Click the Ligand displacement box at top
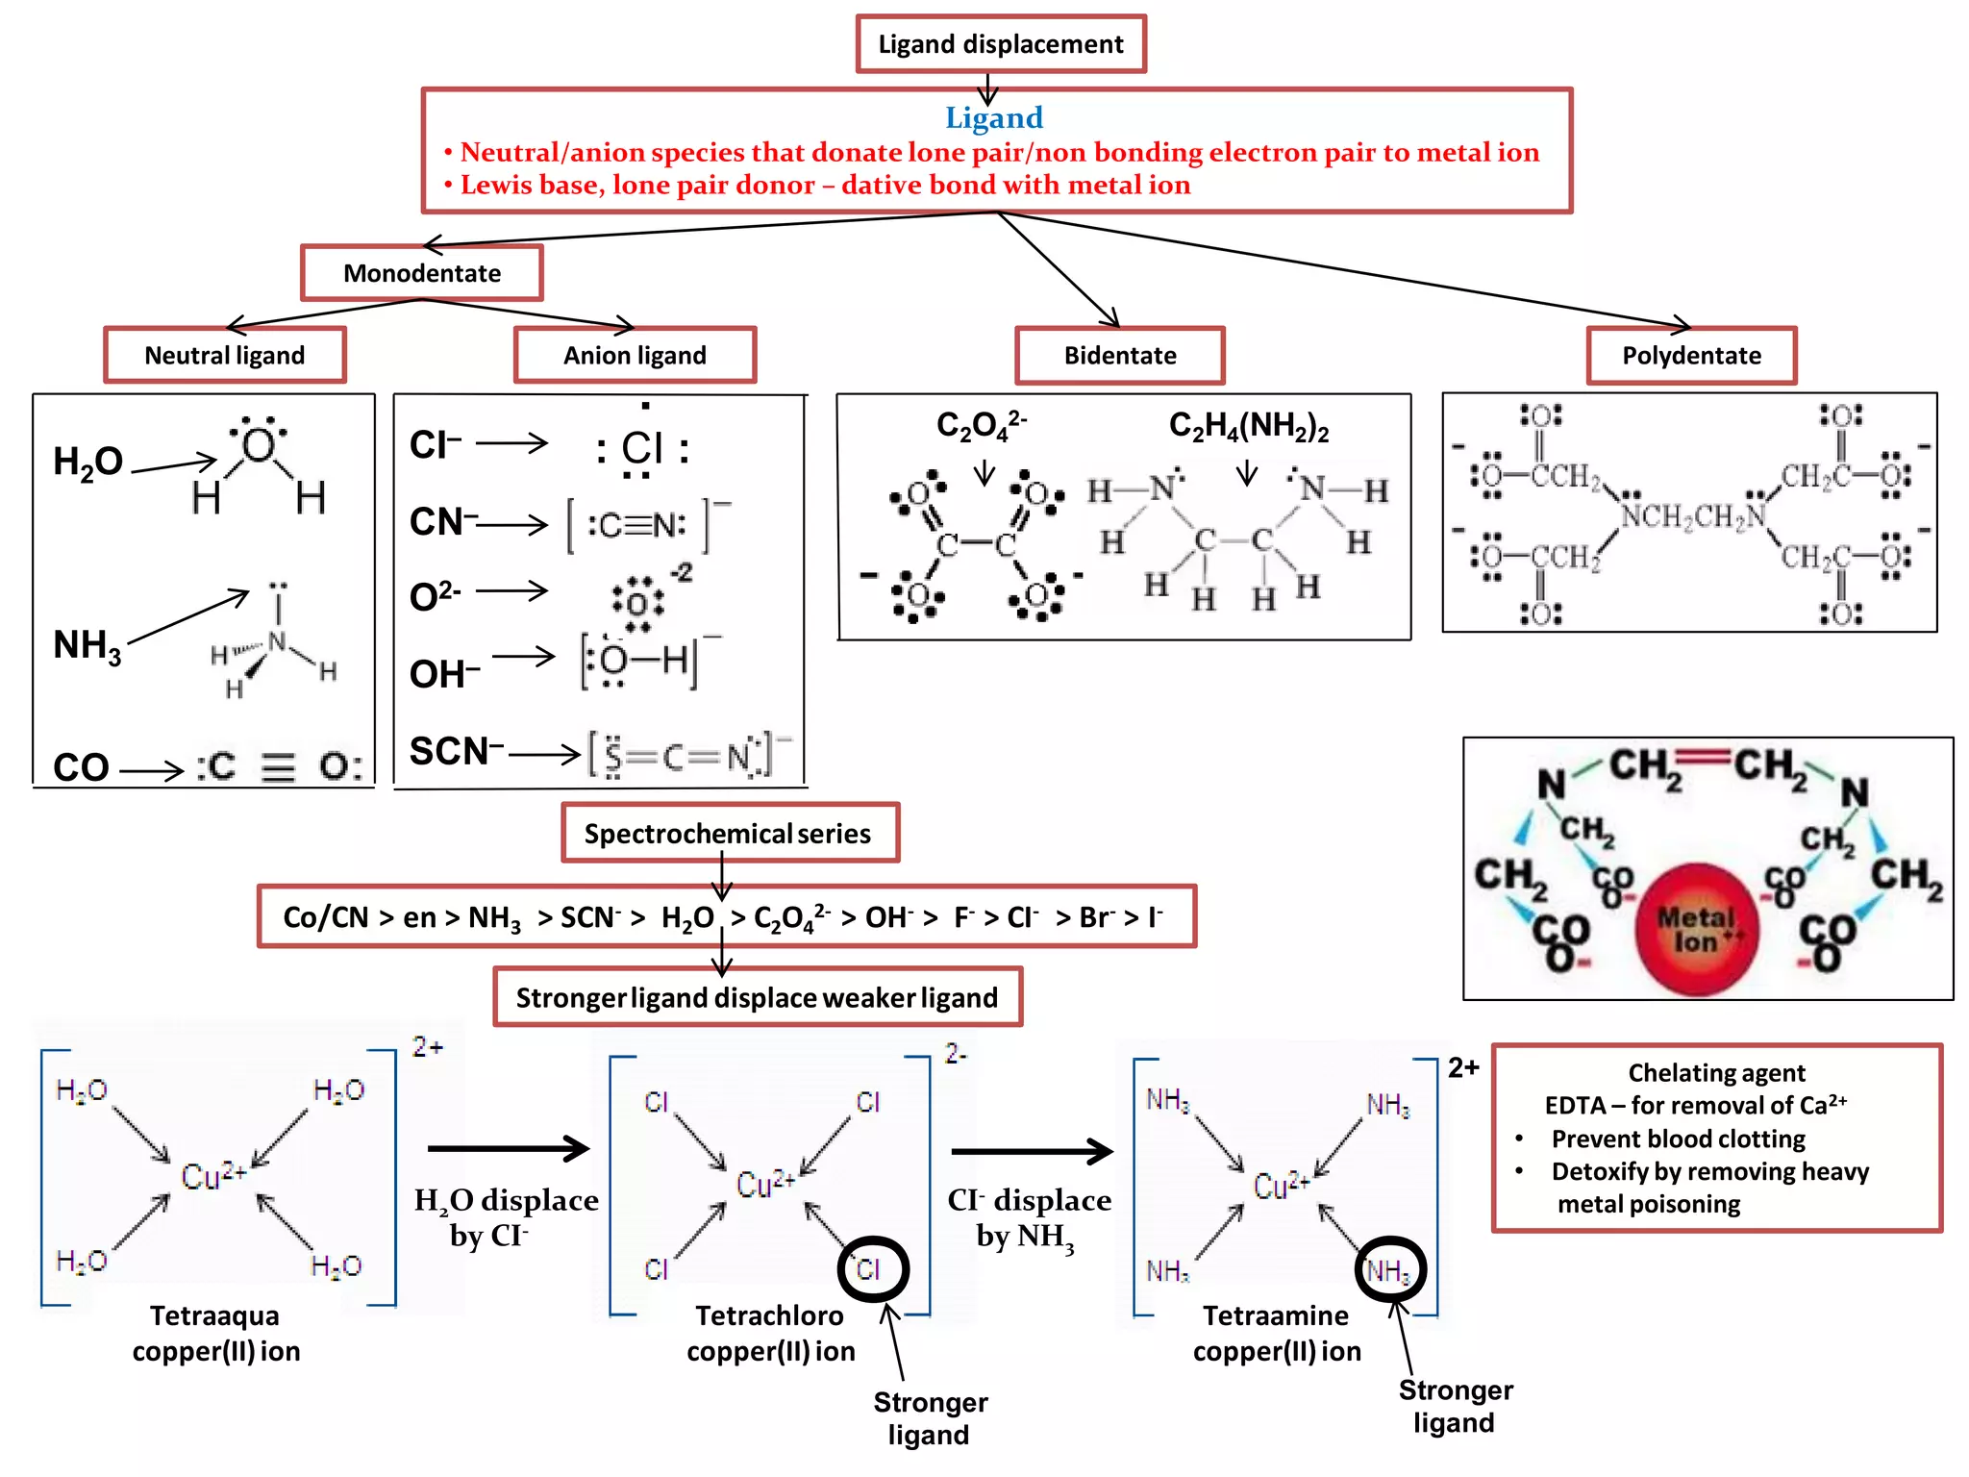(1000, 44)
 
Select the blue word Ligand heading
(993, 117)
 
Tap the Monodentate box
(422, 273)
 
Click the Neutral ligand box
(224, 356)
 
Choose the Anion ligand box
(635, 356)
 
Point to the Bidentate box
(1119, 356)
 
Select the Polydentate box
(1691, 356)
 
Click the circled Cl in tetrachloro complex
(871, 1269)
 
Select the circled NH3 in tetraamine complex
(1390, 1270)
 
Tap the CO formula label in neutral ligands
(82, 767)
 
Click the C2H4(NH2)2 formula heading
(1248, 425)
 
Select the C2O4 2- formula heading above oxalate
(981, 425)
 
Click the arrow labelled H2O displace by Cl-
(508, 1148)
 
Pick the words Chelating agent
(1716, 1072)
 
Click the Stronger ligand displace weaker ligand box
(757, 997)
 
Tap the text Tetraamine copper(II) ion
(1277, 1333)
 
